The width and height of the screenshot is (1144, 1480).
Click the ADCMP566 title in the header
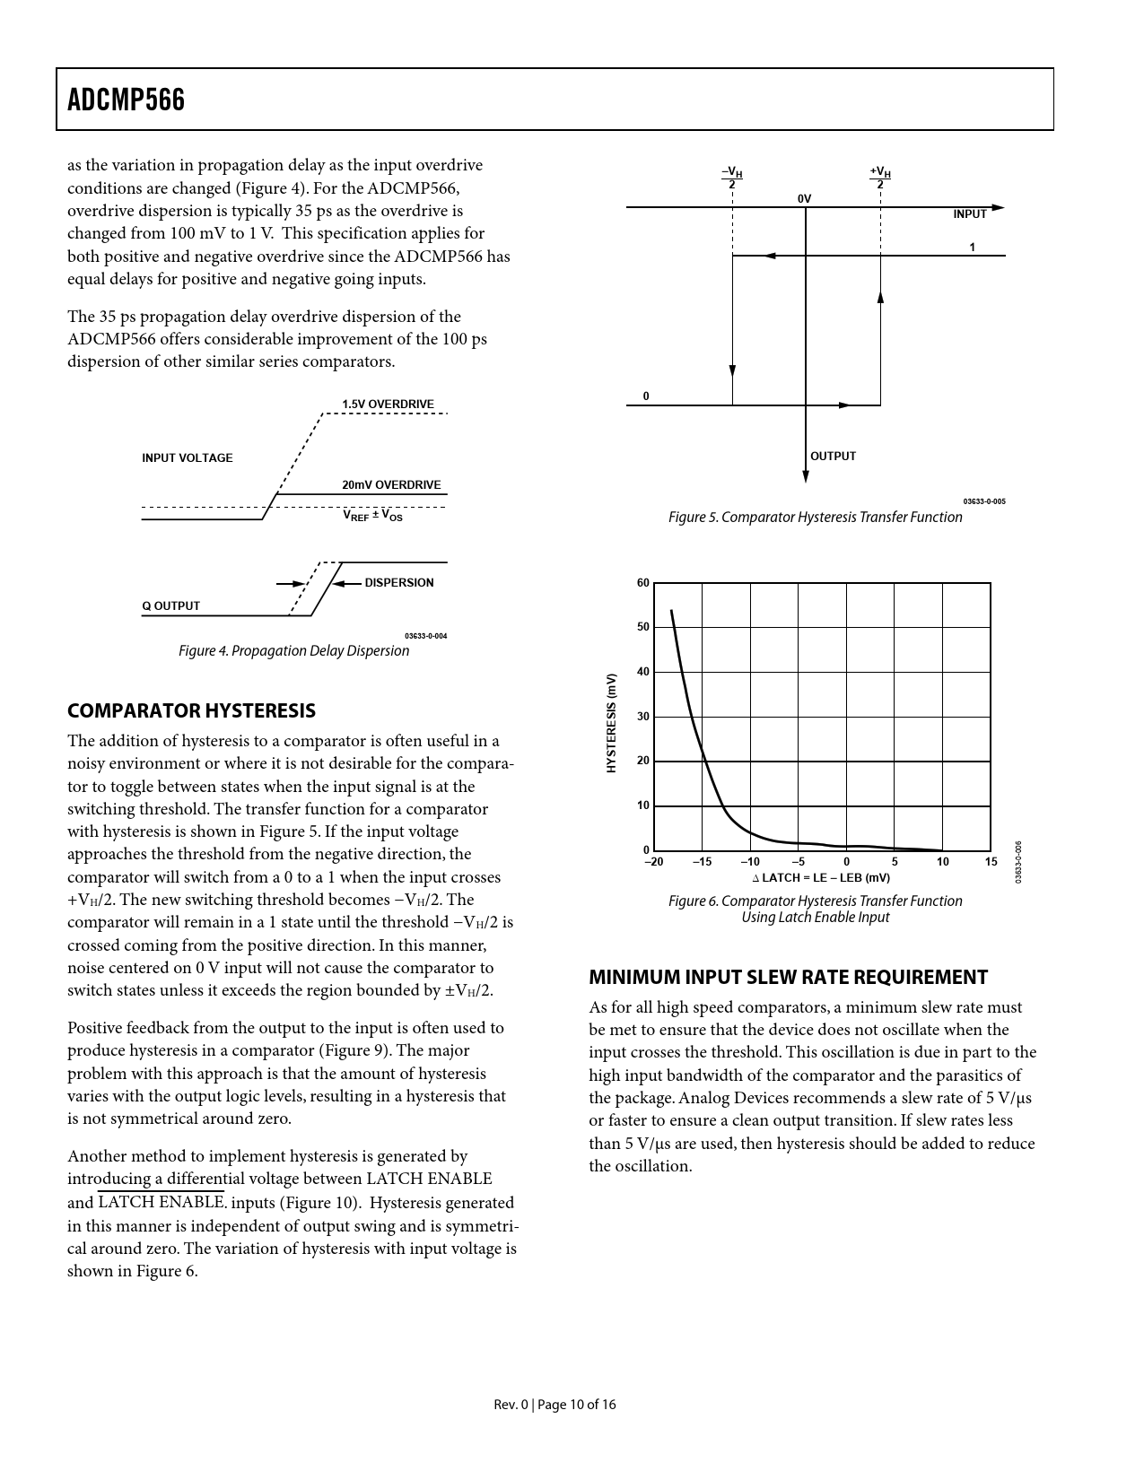point(127,100)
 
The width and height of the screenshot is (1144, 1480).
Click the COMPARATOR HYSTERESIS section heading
point(191,711)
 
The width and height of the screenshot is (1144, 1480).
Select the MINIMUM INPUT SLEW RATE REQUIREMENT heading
point(788,978)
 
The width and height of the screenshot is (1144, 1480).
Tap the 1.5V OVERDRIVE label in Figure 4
point(388,405)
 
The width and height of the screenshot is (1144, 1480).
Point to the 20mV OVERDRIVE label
point(391,485)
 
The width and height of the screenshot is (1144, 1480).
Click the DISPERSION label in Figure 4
point(399,583)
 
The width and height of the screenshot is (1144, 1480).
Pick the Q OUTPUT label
point(170,606)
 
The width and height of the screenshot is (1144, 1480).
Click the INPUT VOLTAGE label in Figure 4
point(187,458)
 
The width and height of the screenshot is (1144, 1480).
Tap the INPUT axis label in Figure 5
point(970,214)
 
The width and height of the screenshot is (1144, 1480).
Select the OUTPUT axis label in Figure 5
point(833,457)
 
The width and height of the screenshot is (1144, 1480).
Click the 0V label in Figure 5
point(804,198)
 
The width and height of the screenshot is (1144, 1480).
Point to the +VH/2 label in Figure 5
point(879,177)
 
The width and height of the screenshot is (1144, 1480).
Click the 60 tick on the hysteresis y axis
point(642,583)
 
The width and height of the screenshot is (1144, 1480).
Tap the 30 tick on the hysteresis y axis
point(642,717)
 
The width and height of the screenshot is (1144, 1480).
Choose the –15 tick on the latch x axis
point(702,863)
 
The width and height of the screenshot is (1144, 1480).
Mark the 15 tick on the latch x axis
point(991,863)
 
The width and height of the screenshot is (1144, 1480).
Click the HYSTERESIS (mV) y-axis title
point(611,722)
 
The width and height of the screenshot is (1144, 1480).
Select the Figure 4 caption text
point(293,651)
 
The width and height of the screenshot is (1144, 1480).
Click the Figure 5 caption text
point(815,518)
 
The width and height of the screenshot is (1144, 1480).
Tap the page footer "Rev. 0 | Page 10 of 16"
point(555,1405)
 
